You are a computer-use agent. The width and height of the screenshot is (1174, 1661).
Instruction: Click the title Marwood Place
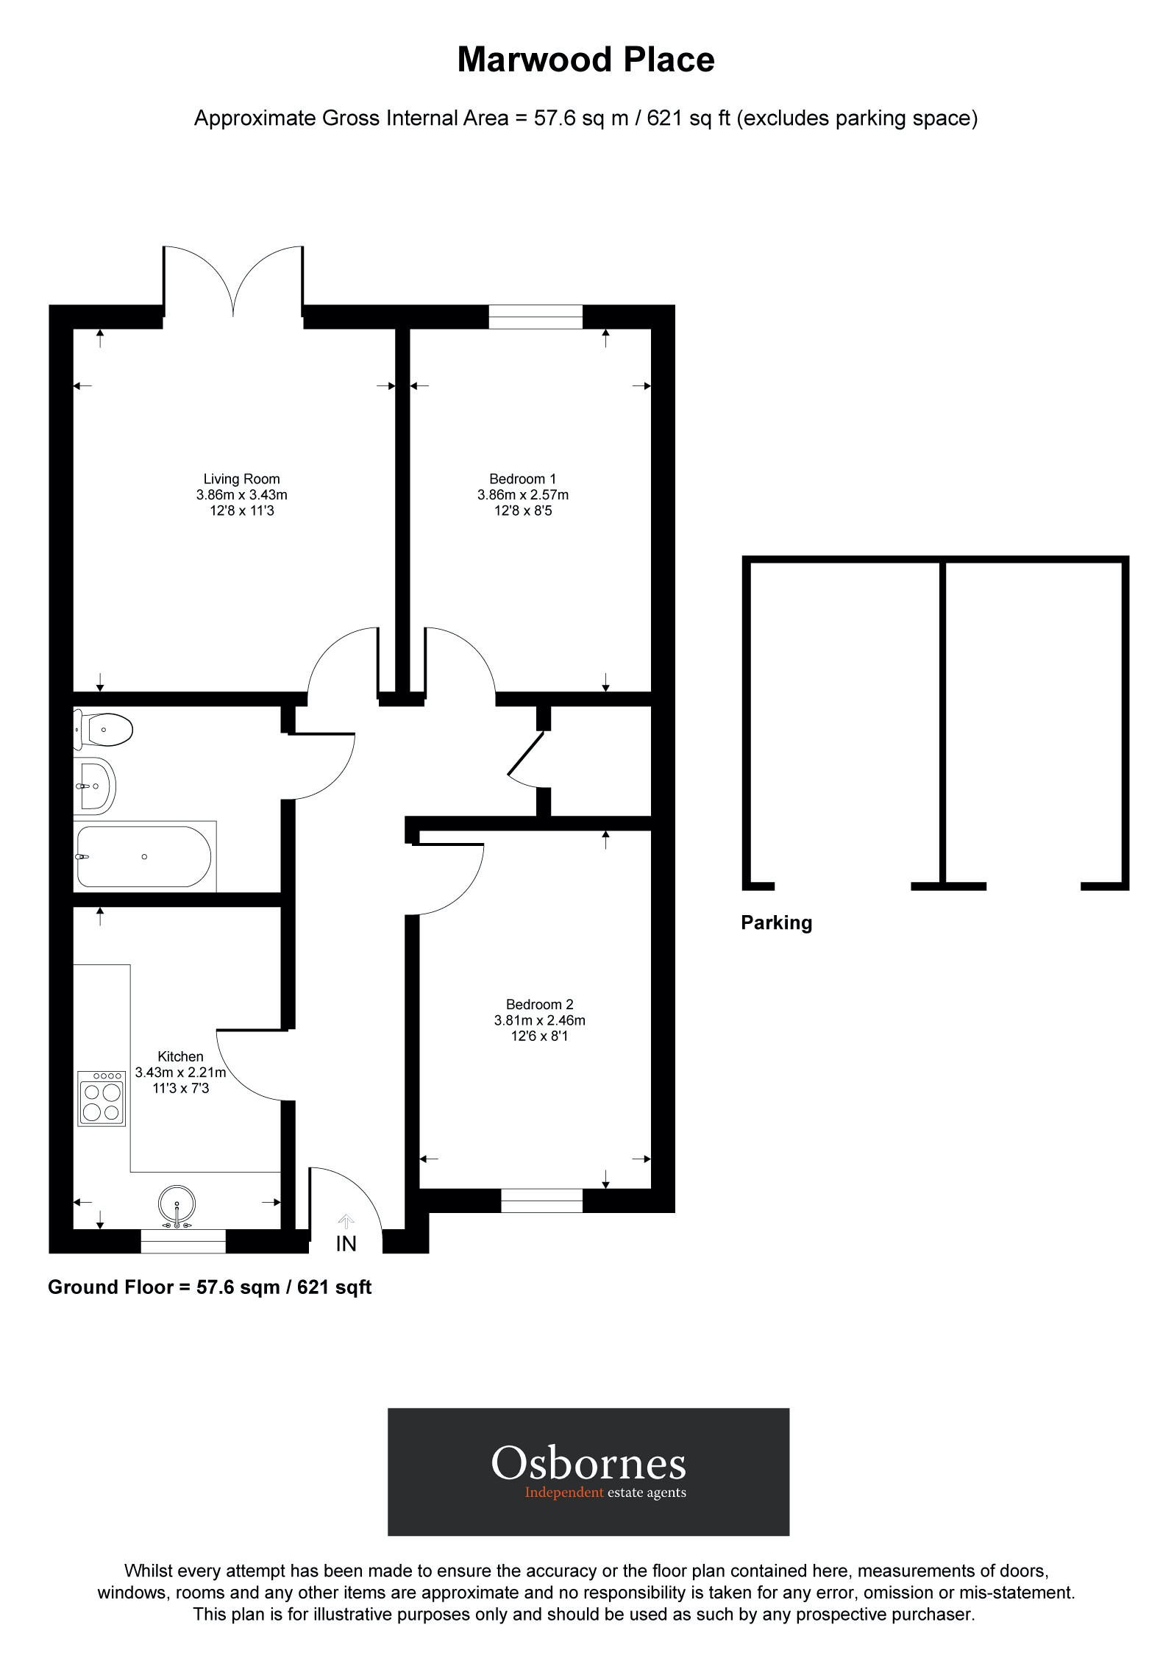click(x=586, y=60)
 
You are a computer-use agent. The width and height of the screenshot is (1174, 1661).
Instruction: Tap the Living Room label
click(x=241, y=479)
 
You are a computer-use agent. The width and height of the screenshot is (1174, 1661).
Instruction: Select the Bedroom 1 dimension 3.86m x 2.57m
click(x=522, y=495)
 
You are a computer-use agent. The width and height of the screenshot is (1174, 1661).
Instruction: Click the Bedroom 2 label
click(x=539, y=1004)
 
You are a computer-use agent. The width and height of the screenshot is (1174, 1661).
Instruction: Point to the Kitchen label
click(x=180, y=1056)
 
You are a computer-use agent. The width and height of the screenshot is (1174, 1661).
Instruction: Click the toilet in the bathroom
click(x=104, y=730)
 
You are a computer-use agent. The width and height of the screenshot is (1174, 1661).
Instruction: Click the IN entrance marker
click(x=346, y=1243)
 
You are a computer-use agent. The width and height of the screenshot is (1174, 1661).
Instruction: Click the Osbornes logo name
click(x=588, y=1462)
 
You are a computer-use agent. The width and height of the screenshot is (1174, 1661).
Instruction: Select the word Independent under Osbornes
click(x=563, y=1493)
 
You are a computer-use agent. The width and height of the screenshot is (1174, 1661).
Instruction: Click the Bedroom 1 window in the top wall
click(x=536, y=317)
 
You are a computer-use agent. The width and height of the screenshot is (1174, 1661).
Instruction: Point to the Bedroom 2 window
click(x=541, y=1201)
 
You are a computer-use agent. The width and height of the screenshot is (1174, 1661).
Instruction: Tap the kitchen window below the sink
click(x=183, y=1242)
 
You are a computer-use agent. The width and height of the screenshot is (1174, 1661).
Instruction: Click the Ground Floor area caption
click(x=210, y=1287)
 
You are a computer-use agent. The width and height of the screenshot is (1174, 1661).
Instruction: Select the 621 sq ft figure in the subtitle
click(x=688, y=118)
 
